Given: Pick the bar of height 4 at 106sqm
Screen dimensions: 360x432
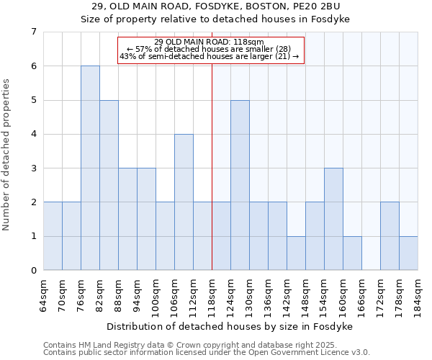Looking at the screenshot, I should click(x=184, y=202).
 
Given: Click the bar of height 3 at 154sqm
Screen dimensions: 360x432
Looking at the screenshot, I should click(x=333, y=219).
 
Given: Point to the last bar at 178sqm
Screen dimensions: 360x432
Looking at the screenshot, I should click(x=408, y=253).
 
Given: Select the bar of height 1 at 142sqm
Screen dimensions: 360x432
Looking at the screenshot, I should click(x=296, y=253).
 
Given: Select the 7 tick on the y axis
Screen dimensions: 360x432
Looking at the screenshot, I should click(x=33, y=32).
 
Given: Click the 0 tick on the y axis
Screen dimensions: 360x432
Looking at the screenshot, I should click(x=33, y=271).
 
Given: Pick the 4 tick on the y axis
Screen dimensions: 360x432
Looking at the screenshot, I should click(x=33, y=134).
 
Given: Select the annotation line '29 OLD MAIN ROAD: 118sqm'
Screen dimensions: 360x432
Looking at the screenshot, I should click(x=210, y=42).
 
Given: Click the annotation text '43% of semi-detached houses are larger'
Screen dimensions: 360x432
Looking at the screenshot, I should click(x=210, y=56).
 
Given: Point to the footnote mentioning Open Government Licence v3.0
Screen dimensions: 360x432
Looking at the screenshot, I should click(x=207, y=353).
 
